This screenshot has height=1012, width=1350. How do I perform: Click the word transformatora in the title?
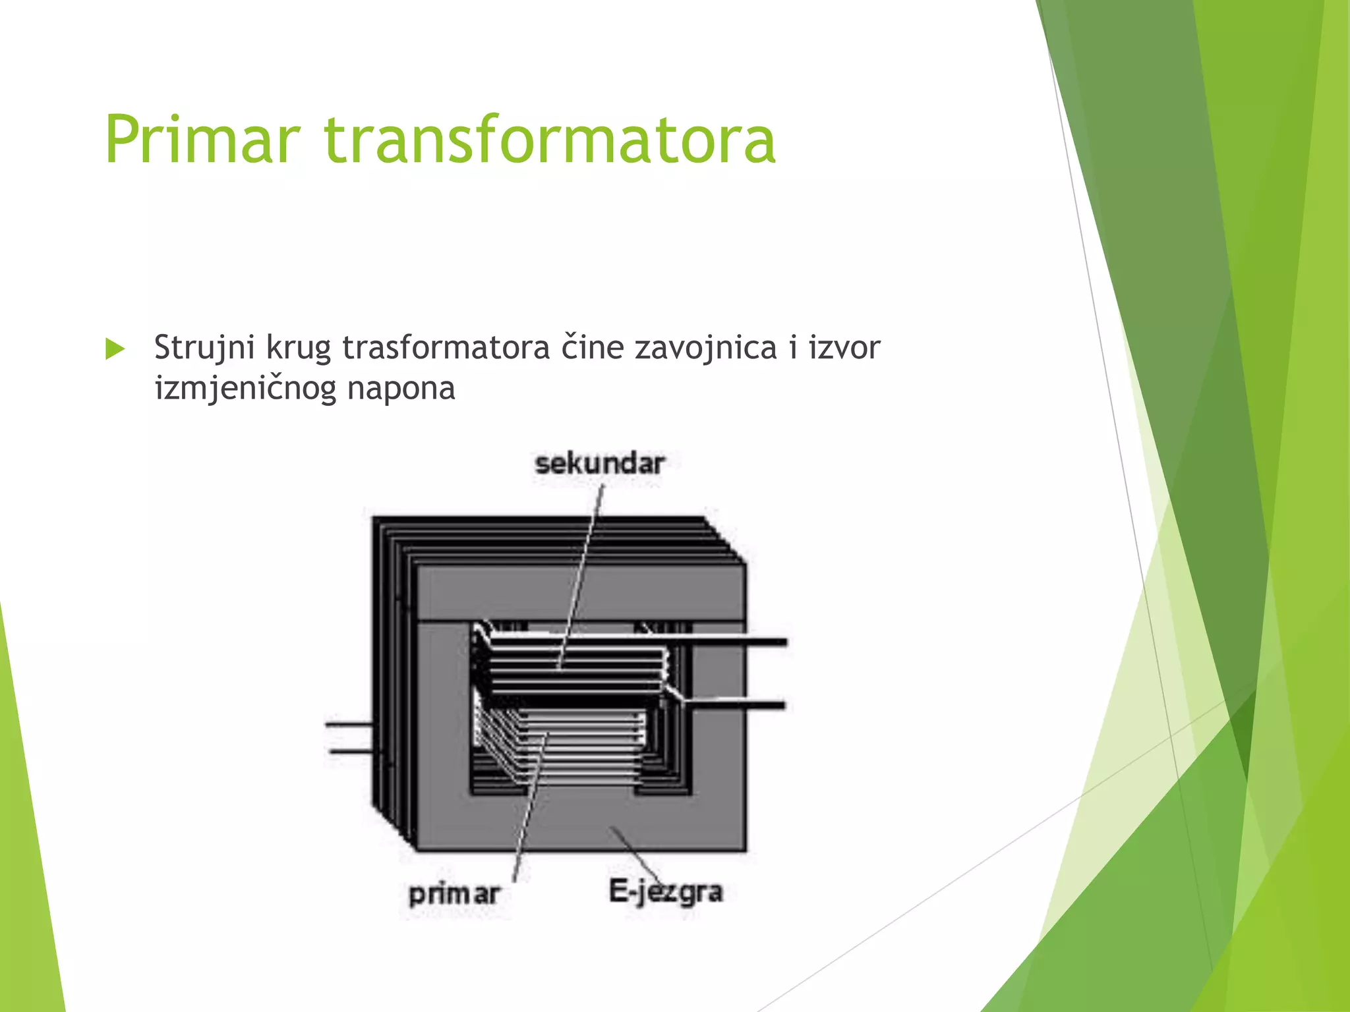[x=550, y=140]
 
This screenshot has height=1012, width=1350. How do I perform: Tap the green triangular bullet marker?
[x=115, y=349]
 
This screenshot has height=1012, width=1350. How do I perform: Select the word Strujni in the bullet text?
[x=204, y=348]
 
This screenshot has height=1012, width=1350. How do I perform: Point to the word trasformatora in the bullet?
[x=446, y=348]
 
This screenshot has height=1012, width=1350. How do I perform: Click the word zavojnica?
[x=705, y=348]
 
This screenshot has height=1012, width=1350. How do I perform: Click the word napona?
[x=401, y=389]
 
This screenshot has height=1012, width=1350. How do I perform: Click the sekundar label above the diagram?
[x=599, y=464]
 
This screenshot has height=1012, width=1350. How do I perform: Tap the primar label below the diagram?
[x=454, y=894]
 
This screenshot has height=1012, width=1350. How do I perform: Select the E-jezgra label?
[x=665, y=892]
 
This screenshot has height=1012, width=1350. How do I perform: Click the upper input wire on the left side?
[x=349, y=725]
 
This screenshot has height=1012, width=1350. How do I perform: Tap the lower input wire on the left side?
[x=350, y=751]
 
